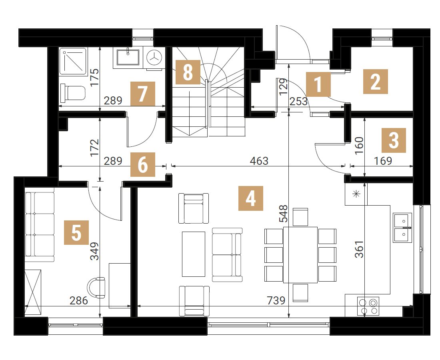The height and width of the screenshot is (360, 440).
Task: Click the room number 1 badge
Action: click(x=318, y=84)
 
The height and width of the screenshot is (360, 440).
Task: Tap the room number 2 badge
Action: click(x=376, y=81)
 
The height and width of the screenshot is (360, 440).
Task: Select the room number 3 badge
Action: click(x=394, y=140)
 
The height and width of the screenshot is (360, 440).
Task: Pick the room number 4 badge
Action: click(x=250, y=198)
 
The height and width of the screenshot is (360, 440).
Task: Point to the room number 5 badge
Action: click(x=76, y=232)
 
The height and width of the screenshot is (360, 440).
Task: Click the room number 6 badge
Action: click(x=143, y=164)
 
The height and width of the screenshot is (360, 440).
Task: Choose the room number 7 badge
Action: click(x=143, y=94)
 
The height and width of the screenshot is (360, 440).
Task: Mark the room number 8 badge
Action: click(x=188, y=72)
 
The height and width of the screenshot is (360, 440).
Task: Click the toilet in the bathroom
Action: click(x=73, y=93)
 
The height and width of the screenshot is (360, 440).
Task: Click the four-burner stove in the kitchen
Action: click(x=368, y=306)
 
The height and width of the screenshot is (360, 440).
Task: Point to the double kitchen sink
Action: click(x=402, y=228)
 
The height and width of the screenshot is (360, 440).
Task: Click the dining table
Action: click(x=300, y=255)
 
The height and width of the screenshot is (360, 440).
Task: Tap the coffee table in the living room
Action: click(x=194, y=254)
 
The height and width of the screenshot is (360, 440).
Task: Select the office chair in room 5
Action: click(x=96, y=288)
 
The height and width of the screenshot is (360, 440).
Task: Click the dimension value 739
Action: click(x=276, y=300)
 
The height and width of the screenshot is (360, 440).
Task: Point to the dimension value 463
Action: click(x=259, y=161)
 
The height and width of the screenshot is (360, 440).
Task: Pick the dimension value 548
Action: click(x=284, y=214)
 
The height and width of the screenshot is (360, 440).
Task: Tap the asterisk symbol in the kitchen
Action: click(x=357, y=194)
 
